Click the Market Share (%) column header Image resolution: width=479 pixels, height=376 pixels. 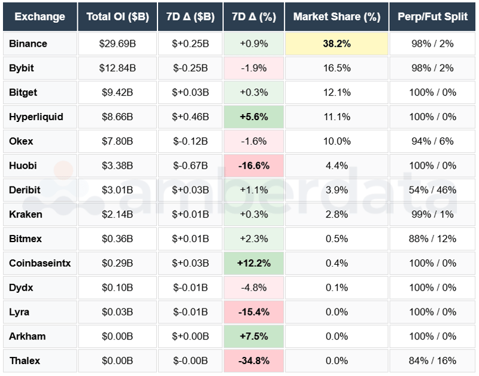(336, 17)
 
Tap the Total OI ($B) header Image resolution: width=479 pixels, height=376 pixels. (117, 17)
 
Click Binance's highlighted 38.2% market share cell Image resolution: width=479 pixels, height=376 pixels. (336, 44)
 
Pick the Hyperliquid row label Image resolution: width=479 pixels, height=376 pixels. (36, 117)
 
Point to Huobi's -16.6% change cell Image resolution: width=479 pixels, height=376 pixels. (253, 166)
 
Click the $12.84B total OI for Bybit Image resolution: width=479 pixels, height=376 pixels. (117, 68)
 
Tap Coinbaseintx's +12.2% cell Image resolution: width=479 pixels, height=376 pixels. (253, 263)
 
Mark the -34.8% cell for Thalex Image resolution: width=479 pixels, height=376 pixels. (253, 360)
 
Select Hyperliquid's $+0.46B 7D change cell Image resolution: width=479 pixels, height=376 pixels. (190, 117)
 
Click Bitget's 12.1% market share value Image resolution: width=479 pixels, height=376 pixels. (336, 93)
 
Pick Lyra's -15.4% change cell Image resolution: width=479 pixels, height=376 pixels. (253, 312)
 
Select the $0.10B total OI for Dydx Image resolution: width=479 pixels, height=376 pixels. (117, 288)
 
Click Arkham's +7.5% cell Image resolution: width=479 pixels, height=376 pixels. (253, 336)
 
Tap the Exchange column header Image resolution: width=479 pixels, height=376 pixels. (40, 17)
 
